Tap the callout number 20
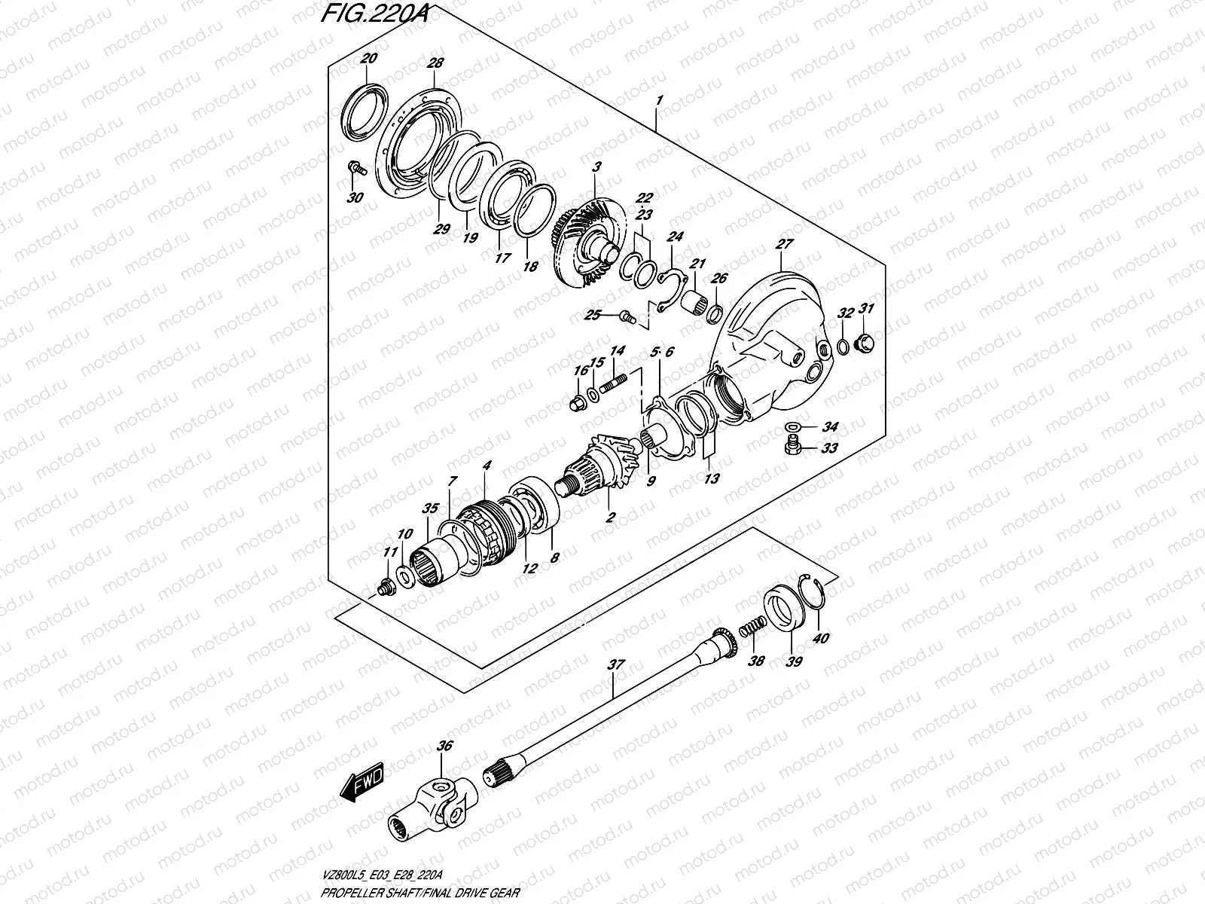369,59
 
